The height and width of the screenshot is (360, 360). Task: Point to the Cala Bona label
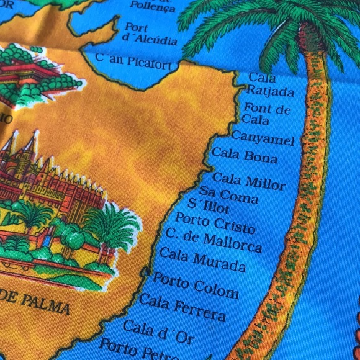point(245,155)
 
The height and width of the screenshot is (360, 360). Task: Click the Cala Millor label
point(249,181)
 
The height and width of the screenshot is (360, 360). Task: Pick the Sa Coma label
point(228,196)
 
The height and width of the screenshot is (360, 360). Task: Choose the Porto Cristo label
point(215,223)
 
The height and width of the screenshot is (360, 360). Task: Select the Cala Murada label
point(202,259)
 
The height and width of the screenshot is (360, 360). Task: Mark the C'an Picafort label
point(137,61)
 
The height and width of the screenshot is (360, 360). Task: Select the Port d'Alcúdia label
point(150,34)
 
